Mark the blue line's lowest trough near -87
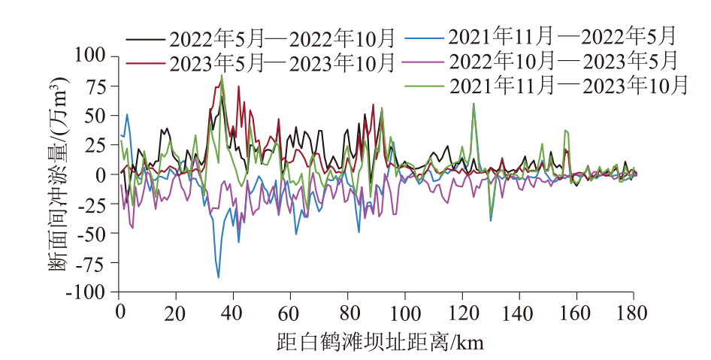pos(219,277)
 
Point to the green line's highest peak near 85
pos(222,75)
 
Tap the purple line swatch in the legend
pos(424,59)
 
